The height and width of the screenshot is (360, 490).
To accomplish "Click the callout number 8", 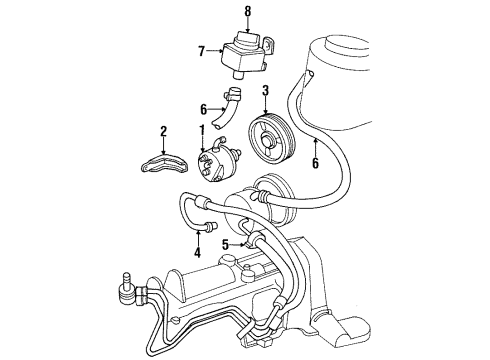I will tap(247, 11).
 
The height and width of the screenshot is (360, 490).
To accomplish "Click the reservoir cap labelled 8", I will tap(247, 41).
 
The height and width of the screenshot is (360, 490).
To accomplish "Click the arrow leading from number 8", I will tap(247, 27).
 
